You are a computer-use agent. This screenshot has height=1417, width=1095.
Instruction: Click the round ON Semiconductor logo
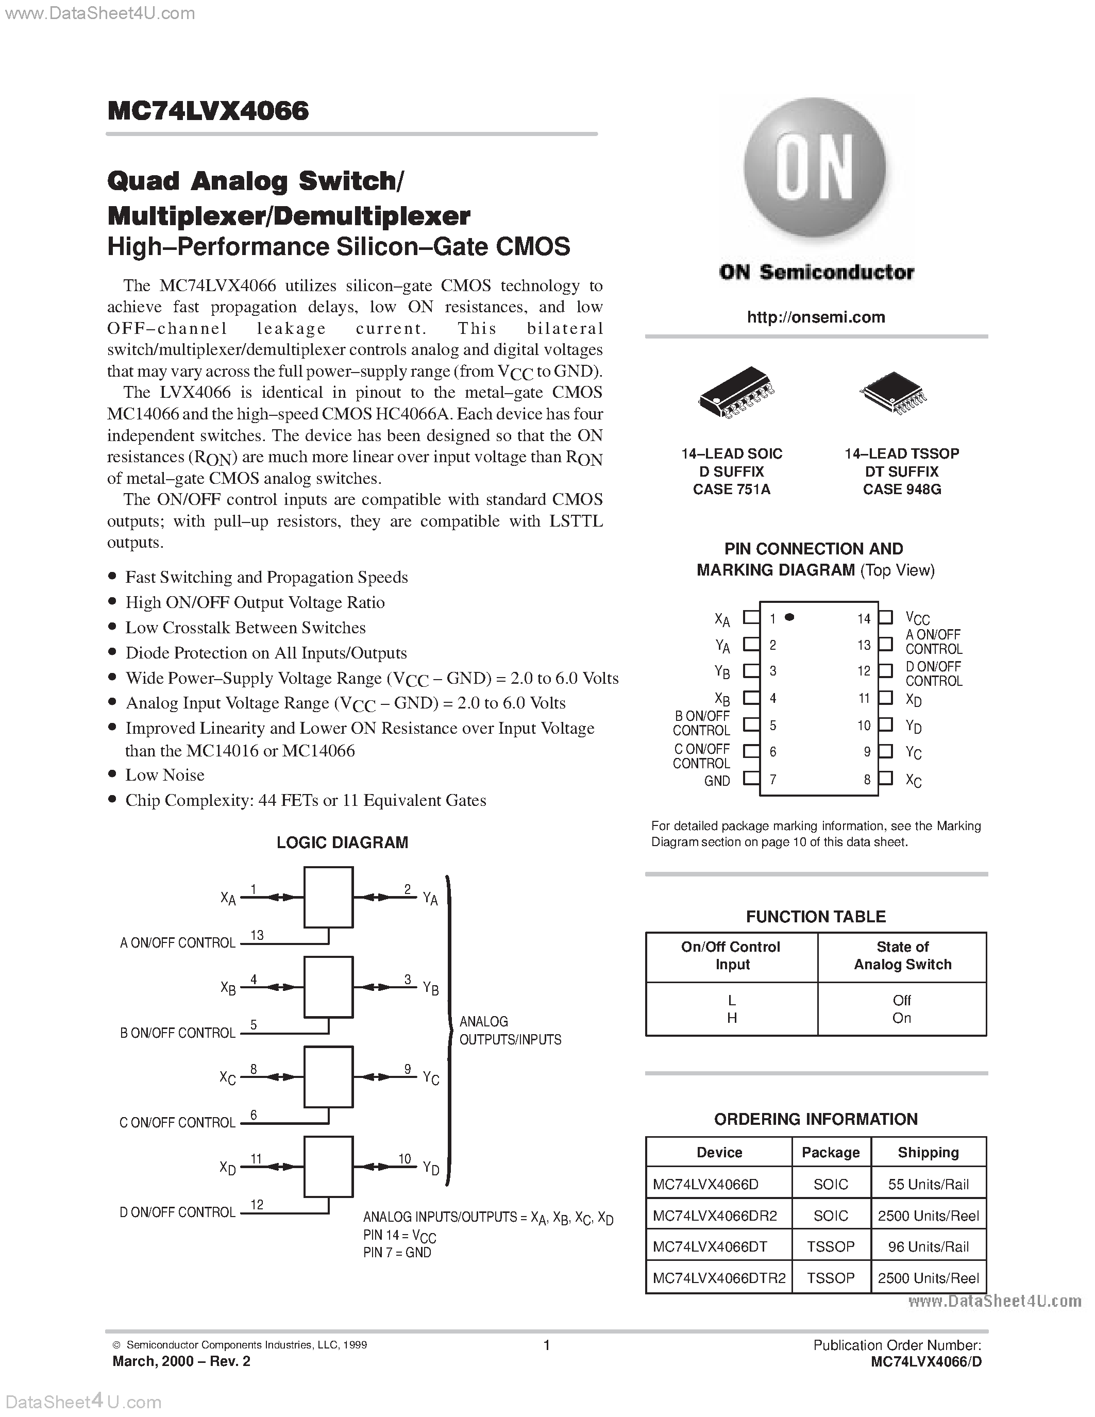point(815,167)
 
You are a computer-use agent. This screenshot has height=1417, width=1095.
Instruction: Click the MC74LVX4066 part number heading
point(208,111)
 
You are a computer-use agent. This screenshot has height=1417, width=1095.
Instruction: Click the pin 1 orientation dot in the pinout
point(789,617)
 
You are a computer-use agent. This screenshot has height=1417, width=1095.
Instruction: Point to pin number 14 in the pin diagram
point(864,619)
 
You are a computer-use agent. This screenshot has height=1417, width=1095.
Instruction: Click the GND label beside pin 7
point(717,781)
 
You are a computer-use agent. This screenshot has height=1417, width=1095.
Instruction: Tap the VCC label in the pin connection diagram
point(917,618)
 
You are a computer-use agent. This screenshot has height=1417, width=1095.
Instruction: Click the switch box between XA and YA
point(328,897)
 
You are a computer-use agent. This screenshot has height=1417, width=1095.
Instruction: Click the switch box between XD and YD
point(328,1166)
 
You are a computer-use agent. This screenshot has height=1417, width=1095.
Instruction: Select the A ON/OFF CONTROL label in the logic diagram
point(177,943)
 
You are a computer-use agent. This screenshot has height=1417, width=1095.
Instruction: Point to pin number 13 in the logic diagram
point(257,935)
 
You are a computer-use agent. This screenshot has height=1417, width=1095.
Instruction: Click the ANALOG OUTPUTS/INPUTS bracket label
point(510,1031)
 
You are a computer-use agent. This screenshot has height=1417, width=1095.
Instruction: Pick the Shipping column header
point(928,1152)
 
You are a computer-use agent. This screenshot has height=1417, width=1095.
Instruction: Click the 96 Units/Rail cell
point(928,1246)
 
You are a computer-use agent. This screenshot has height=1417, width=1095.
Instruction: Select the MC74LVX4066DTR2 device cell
point(719,1277)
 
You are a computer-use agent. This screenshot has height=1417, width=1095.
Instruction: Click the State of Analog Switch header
point(902,956)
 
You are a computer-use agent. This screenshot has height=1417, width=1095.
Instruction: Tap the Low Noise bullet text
point(165,774)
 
